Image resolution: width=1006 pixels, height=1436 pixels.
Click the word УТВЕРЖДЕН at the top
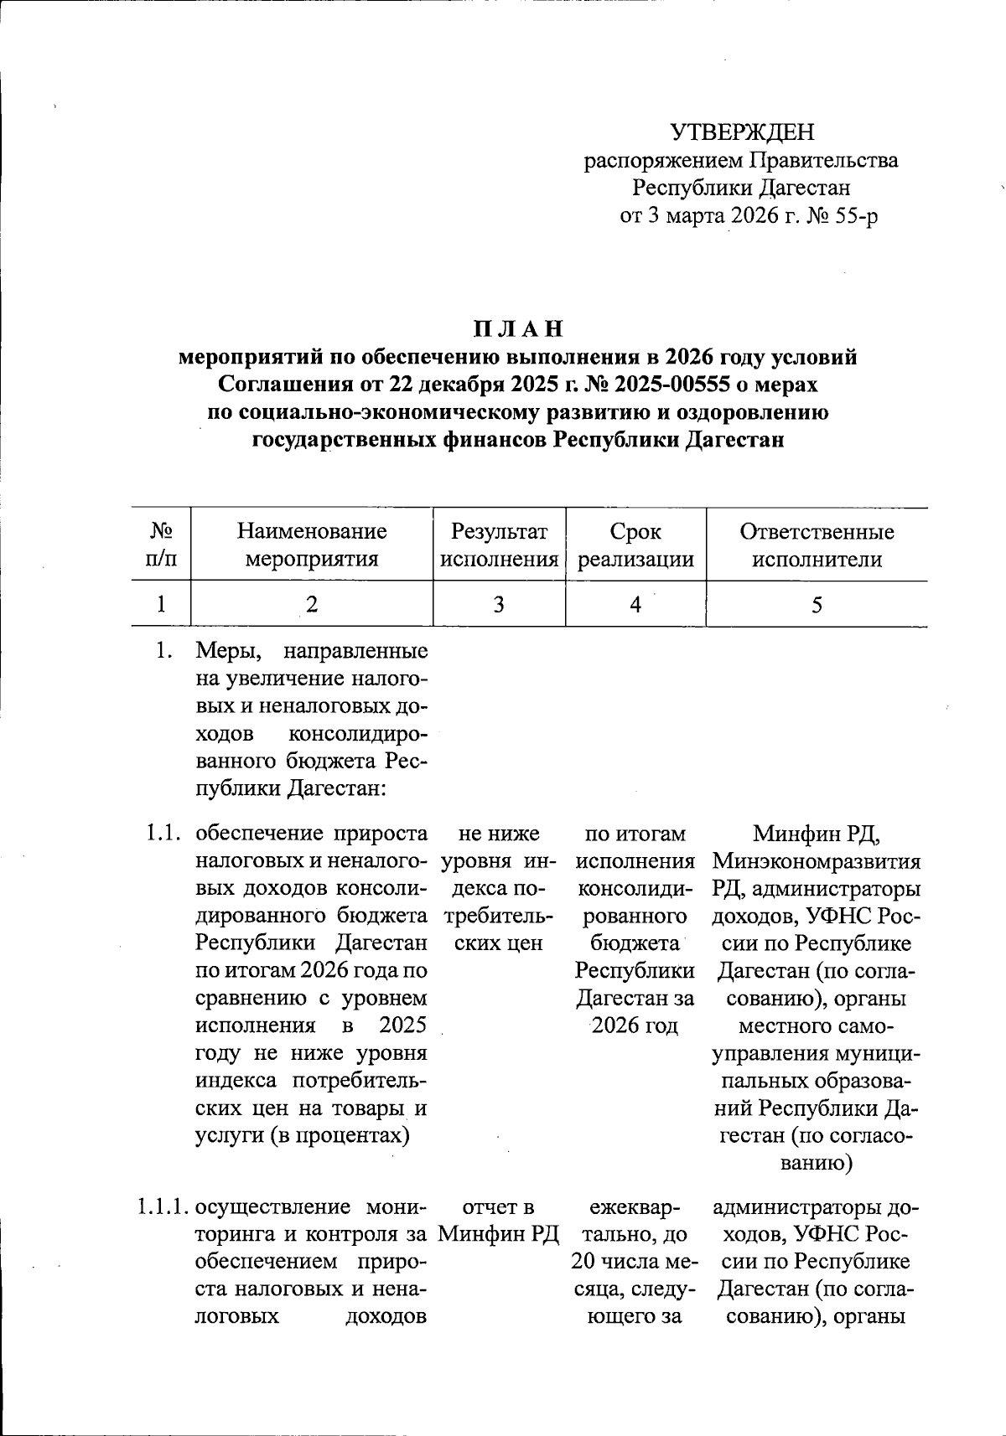pyautogui.click(x=741, y=132)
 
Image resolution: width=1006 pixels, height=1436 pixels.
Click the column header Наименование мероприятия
pyautogui.click(x=311, y=545)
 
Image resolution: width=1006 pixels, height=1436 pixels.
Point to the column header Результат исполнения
pyautogui.click(x=499, y=545)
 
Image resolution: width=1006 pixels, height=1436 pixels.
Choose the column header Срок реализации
pyautogui.click(x=635, y=545)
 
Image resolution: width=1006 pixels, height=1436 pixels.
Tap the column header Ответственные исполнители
pyautogui.click(x=817, y=545)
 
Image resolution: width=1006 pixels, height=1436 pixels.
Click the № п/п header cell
pyautogui.click(x=161, y=545)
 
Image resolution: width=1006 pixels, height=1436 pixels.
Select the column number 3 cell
pyautogui.click(x=499, y=604)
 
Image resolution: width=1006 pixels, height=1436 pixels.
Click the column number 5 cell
pyautogui.click(x=817, y=604)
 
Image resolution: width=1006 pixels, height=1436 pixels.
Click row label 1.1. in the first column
pyautogui.click(x=161, y=834)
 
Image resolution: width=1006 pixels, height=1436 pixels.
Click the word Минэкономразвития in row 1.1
pyautogui.click(x=817, y=861)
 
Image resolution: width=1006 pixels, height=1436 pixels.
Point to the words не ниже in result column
pyautogui.click(x=499, y=834)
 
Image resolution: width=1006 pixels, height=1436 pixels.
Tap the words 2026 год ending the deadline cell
pyautogui.click(x=635, y=1025)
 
